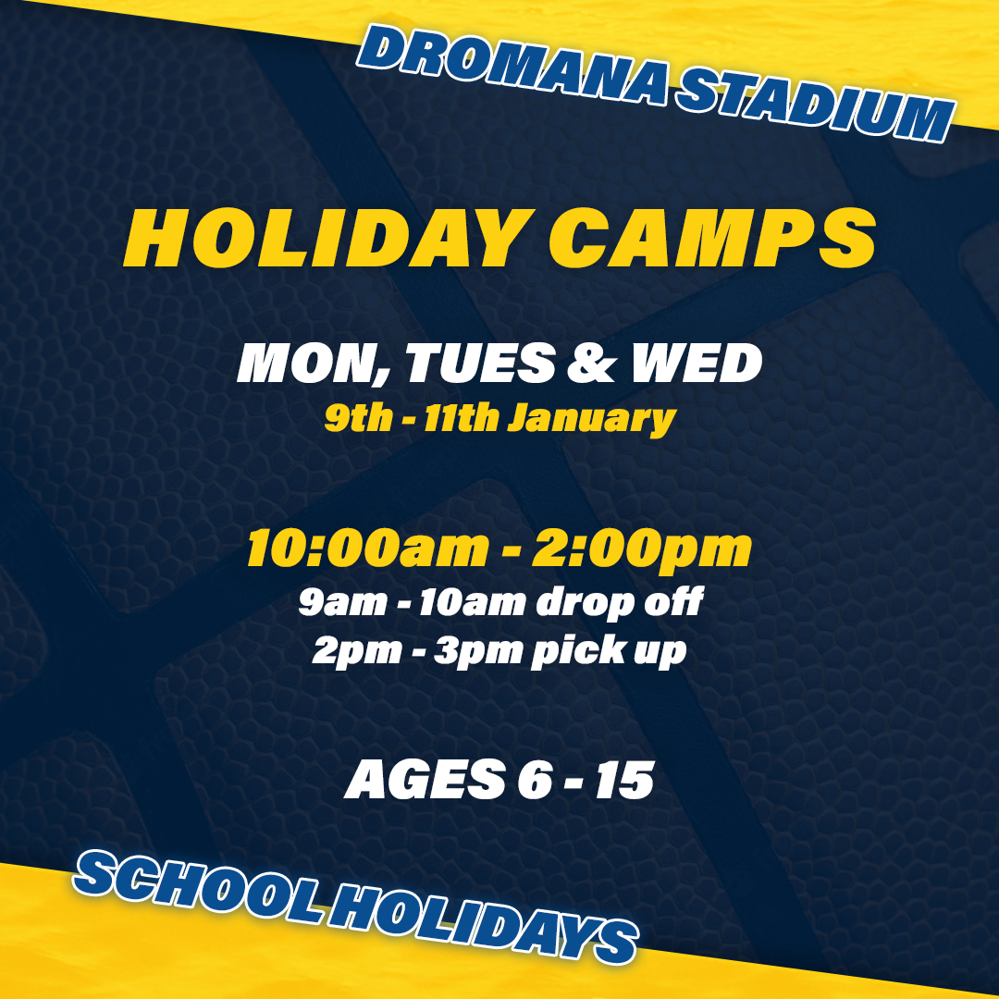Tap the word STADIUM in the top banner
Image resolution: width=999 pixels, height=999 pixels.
pyautogui.click(x=816, y=105)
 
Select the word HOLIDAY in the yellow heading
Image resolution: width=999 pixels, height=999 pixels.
pyautogui.click(x=329, y=239)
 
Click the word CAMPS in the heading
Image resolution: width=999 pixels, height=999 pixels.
pyautogui.click(x=713, y=239)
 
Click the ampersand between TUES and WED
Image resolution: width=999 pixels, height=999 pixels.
pyautogui.click(x=592, y=364)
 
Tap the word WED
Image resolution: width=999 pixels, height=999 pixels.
pyautogui.click(x=697, y=364)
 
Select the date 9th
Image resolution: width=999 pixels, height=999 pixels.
pyautogui.click(x=359, y=418)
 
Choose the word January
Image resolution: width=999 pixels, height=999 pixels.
pyautogui.click(x=591, y=421)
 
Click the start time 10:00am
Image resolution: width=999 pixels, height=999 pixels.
pyautogui.click(x=367, y=548)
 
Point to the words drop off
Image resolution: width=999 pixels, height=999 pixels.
pyautogui.click(x=619, y=602)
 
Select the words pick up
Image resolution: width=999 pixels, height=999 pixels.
pyautogui.click(x=609, y=651)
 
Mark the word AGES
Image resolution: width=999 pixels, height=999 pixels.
pyautogui.click(x=425, y=779)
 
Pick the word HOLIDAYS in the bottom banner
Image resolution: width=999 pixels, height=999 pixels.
pyautogui.click(x=484, y=924)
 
